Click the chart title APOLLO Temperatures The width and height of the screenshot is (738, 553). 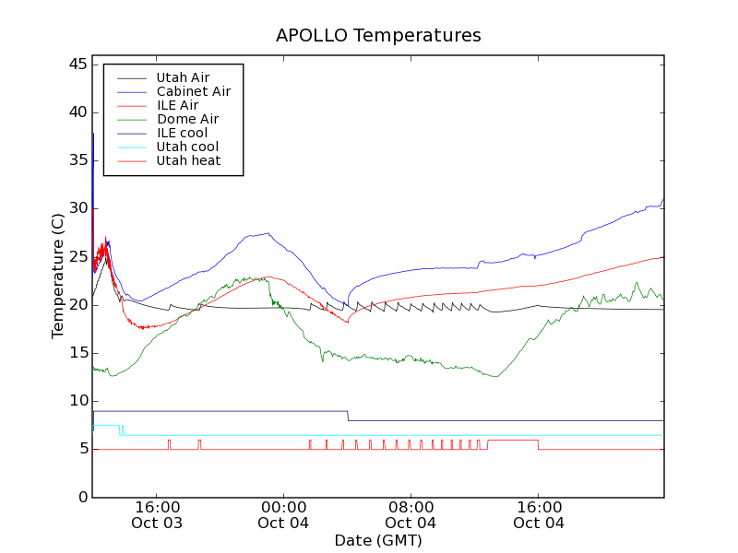[378, 36]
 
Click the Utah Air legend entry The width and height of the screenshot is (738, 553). [183, 77]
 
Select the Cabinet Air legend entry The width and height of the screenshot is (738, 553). [193, 91]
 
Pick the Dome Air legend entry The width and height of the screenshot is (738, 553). [187, 119]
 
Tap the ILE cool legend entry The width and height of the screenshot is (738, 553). [182, 133]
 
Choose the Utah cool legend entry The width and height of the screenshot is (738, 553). [187, 147]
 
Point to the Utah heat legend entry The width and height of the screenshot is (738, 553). [187, 160]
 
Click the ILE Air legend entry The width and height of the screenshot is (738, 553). [177, 105]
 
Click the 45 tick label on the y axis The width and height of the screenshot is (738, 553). [77, 65]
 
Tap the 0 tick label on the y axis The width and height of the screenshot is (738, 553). [82, 497]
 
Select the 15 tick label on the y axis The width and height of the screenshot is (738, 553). [77, 353]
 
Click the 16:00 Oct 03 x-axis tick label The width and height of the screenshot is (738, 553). [157, 514]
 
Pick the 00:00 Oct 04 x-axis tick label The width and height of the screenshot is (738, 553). [284, 514]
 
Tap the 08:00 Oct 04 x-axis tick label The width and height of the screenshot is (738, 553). [411, 514]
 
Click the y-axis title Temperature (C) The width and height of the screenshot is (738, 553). [58, 276]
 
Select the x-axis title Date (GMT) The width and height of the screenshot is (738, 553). [378, 540]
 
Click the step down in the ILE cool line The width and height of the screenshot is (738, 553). [348, 416]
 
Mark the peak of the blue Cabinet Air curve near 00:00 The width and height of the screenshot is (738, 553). [268, 233]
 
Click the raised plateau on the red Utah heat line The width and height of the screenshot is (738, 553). [513, 441]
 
